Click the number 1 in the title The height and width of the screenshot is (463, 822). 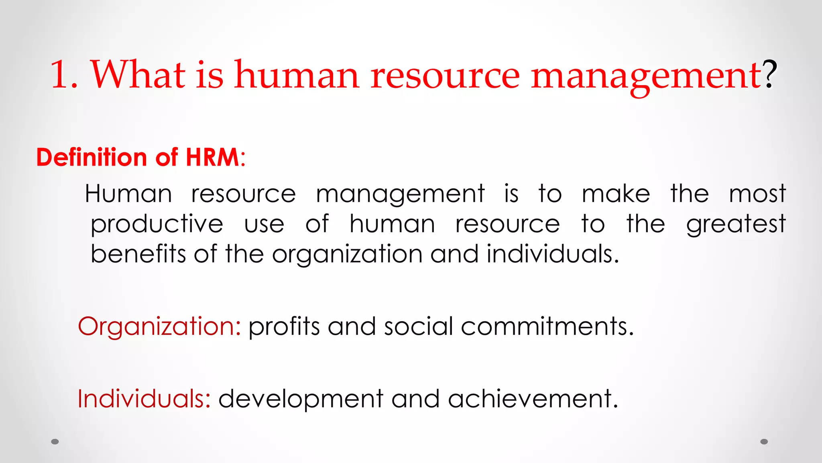[60, 75]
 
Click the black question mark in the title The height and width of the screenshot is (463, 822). [769, 74]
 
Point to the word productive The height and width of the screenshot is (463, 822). [157, 224]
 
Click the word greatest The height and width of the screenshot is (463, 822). [736, 224]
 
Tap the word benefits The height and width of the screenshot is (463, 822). [138, 254]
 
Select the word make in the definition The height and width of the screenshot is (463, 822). [616, 194]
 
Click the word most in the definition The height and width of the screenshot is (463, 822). [757, 194]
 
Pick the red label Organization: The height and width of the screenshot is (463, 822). [159, 326]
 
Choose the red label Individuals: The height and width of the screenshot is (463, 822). [144, 399]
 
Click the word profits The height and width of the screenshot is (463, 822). [284, 326]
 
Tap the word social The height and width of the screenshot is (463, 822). [418, 326]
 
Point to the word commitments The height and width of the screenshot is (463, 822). [547, 326]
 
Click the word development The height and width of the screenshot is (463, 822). [301, 399]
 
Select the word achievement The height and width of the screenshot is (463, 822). [533, 399]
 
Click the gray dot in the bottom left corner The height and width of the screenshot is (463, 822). [55, 442]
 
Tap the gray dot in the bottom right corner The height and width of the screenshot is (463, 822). [764, 442]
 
